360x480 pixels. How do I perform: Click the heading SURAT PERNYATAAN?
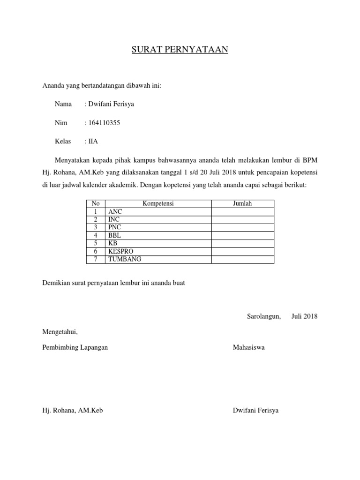pyautogui.click(x=180, y=50)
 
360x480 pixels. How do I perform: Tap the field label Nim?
pyautogui.click(x=61, y=123)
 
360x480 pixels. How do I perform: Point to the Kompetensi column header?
pyautogui.click(x=158, y=203)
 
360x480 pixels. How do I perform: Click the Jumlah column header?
pyautogui.click(x=242, y=203)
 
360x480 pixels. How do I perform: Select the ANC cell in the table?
pyautogui.click(x=115, y=212)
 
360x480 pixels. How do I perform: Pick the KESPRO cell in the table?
pyautogui.click(x=120, y=251)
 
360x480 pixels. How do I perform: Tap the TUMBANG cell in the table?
pyautogui.click(x=124, y=259)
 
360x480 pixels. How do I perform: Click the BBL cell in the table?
pyautogui.click(x=114, y=235)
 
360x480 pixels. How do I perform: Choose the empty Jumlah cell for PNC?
pyautogui.click(x=242, y=227)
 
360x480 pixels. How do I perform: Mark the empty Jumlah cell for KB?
pyautogui.click(x=242, y=243)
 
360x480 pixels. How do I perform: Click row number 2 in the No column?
pyautogui.click(x=95, y=219)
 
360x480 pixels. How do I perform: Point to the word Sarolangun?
pyautogui.click(x=264, y=316)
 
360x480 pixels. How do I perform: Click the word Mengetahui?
pyautogui.click(x=60, y=332)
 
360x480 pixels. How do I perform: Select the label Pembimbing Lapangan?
pyautogui.click(x=75, y=347)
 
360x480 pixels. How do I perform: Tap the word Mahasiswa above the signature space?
pyautogui.click(x=248, y=347)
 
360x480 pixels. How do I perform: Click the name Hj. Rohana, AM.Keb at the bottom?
pyautogui.click(x=73, y=410)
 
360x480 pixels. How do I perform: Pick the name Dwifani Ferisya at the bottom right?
pyautogui.click(x=255, y=410)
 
